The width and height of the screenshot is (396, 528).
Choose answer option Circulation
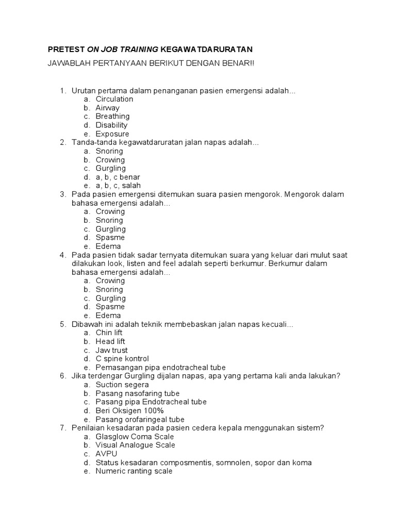click(114, 99)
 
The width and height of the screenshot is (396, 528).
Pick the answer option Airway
click(107, 108)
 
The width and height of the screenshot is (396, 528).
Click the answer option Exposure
click(112, 134)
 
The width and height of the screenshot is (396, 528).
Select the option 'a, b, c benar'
click(118, 177)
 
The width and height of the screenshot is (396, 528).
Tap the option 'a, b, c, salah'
click(118, 186)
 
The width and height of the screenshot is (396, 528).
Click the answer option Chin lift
click(109, 333)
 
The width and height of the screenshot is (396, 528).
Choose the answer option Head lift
click(110, 341)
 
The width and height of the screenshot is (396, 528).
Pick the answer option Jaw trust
click(111, 350)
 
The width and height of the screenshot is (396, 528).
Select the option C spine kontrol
click(122, 359)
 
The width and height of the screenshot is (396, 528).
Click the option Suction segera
click(122, 385)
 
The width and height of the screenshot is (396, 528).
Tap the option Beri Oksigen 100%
click(129, 411)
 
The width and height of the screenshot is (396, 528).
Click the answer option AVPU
click(106, 454)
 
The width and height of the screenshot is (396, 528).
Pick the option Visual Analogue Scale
click(135, 445)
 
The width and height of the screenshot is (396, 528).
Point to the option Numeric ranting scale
click(134, 471)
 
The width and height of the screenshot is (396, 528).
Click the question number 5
click(62, 324)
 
